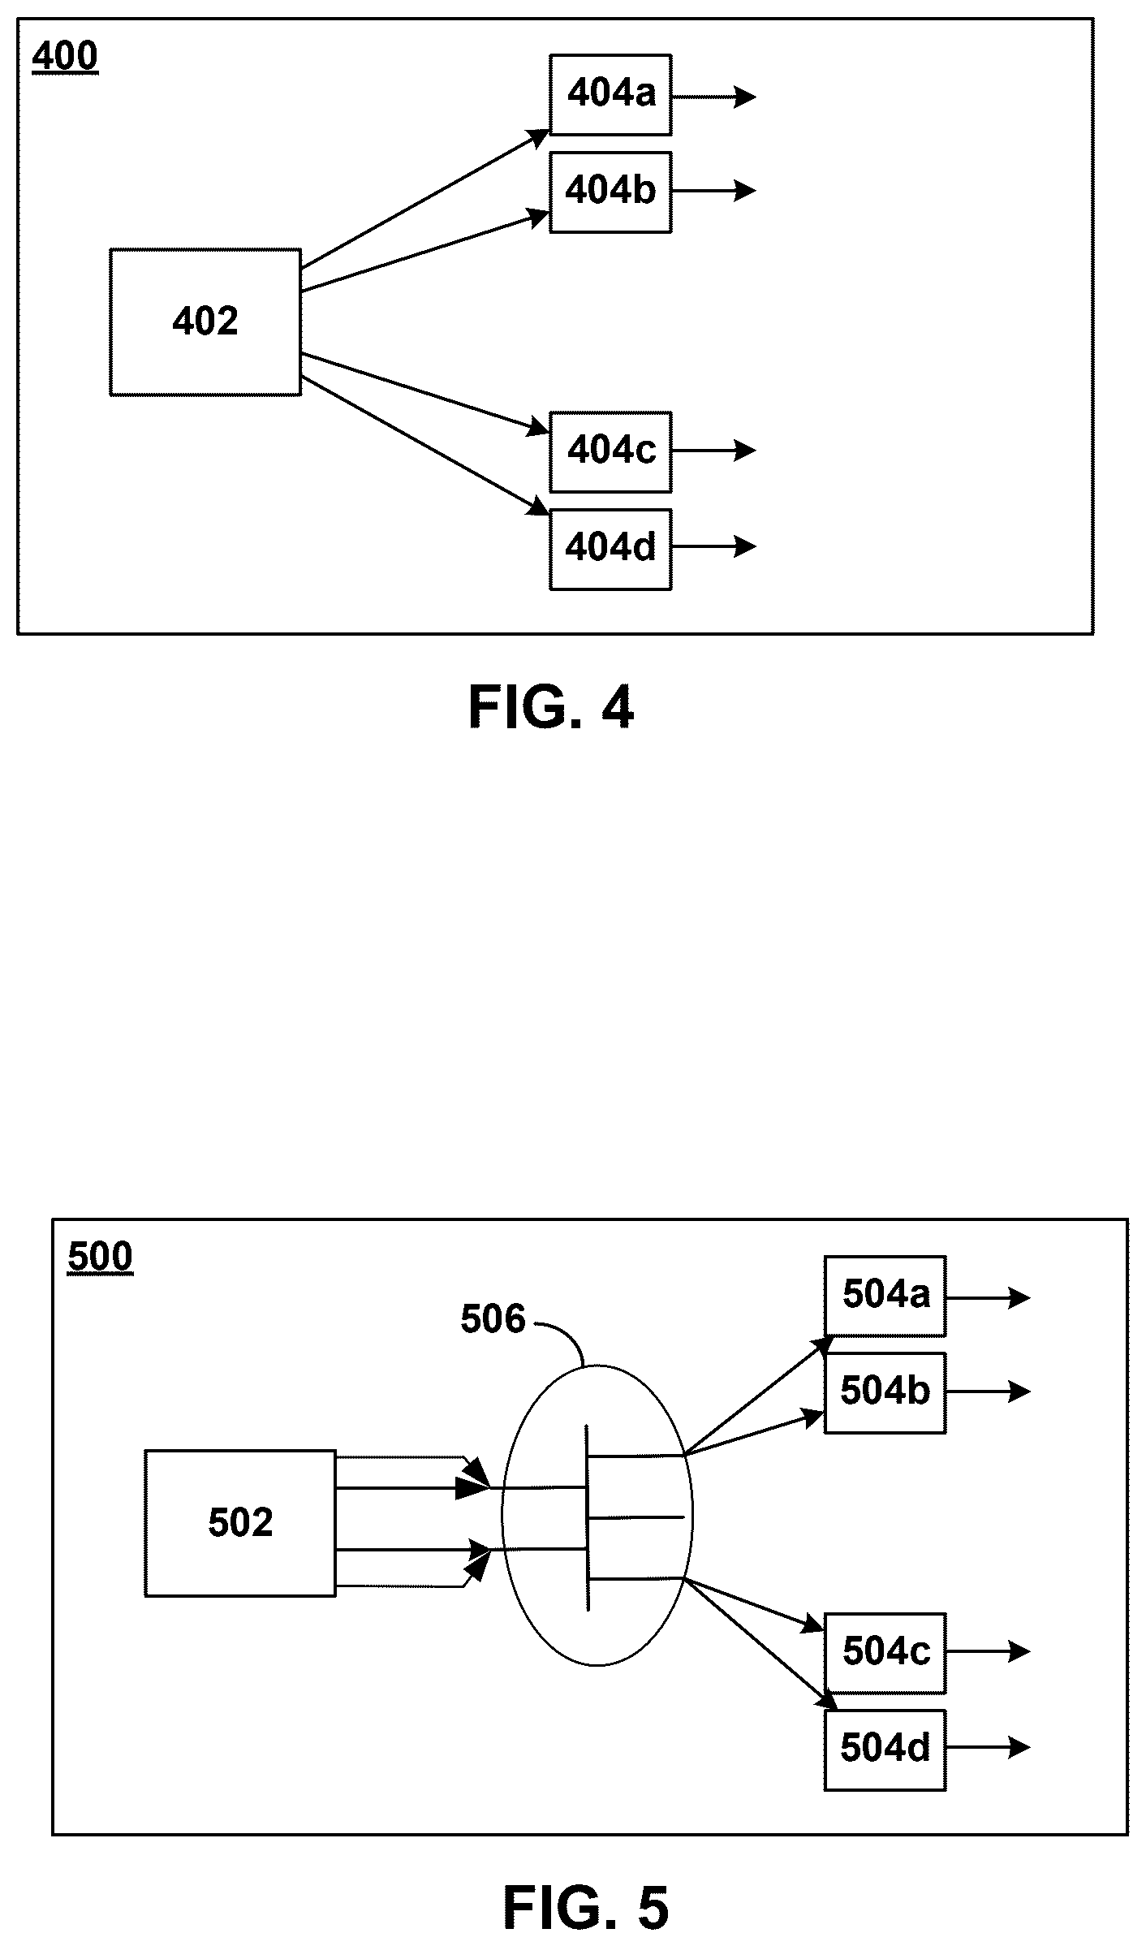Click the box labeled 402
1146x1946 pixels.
[x=205, y=322]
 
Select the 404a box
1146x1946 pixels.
[x=610, y=94]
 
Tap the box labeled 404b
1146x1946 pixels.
[x=610, y=192]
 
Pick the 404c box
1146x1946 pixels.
[x=610, y=451]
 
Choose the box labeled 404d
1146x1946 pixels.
[x=610, y=549]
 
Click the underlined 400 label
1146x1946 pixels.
[x=65, y=57]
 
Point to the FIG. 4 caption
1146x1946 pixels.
[x=551, y=707]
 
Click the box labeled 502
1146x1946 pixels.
[x=240, y=1523]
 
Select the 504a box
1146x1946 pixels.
[x=885, y=1296]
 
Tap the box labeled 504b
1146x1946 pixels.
[x=885, y=1393]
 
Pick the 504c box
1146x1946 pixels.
[x=885, y=1653]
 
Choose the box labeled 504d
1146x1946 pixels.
[x=885, y=1750]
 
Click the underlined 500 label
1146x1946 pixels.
[x=100, y=1258]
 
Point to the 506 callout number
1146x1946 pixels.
[x=493, y=1319]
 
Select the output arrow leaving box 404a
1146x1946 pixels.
[x=714, y=97]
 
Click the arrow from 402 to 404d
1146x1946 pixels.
[x=425, y=446]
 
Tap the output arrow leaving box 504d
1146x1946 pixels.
[x=989, y=1747]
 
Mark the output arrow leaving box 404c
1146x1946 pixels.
[x=714, y=450]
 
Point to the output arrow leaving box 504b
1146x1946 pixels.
[x=989, y=1392]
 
